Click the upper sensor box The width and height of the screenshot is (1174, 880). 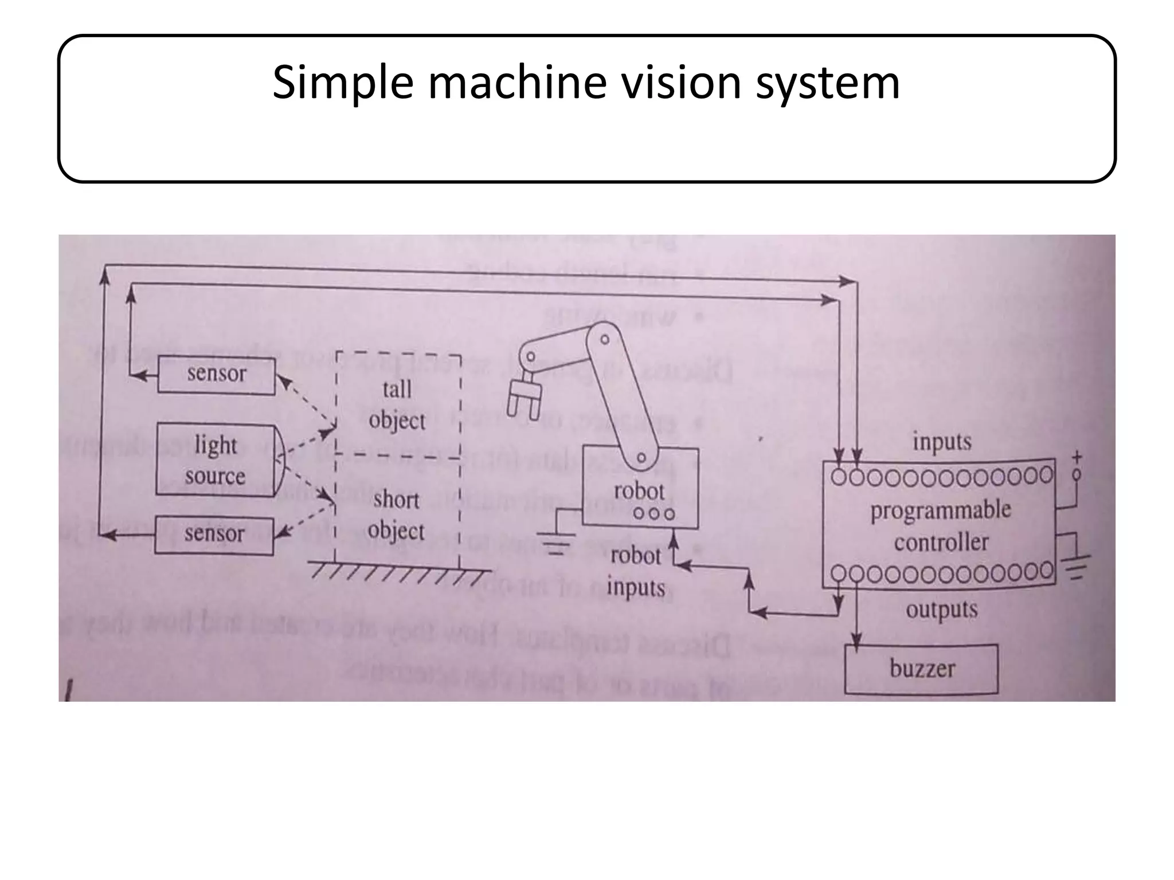tap(216, 375)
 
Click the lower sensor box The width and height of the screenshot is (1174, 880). tap(214, 535)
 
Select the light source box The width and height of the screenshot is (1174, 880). tap(216, 460)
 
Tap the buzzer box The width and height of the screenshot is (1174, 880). tap(921, 669)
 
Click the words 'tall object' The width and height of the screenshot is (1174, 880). tap(397, 405)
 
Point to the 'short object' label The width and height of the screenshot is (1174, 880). tap(396, 515)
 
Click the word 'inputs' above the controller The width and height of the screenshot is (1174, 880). tap(942, 442)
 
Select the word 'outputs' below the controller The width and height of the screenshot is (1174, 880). tap(941, 609)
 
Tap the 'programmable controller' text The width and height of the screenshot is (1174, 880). tap(941, 525)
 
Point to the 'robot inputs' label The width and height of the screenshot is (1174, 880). tap(636, 571)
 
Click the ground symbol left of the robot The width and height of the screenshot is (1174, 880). tap(555, 544)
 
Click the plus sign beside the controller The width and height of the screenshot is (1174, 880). tap(1077, 457)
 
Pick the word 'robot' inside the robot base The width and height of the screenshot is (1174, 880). tap(639, 492)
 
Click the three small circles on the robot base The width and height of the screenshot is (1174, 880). tap(654, 513)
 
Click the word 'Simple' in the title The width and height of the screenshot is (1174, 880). tap(342, 83)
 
